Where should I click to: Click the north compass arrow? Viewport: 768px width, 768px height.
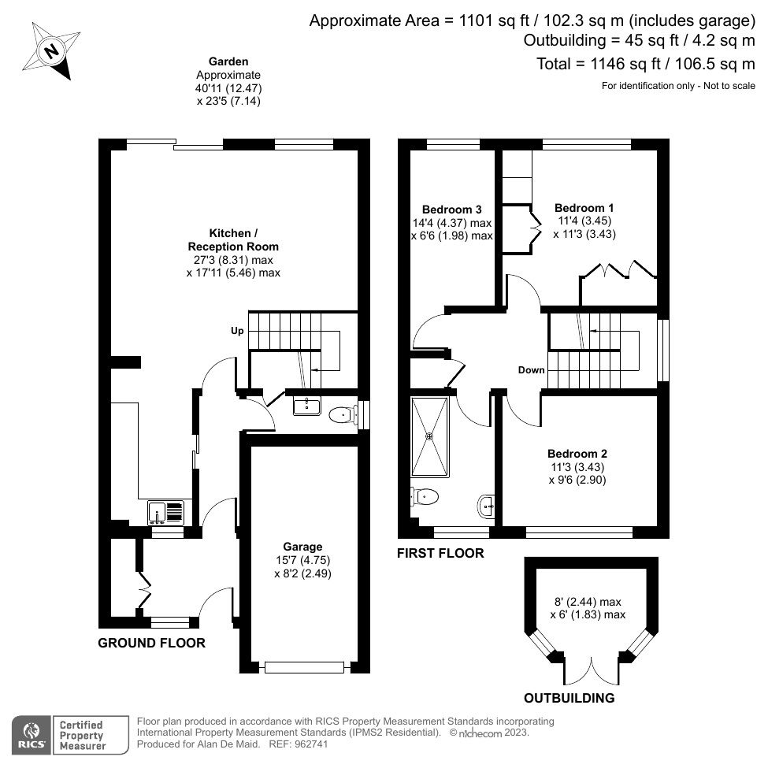point(52,53)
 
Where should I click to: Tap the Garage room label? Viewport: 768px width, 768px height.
point(302,547)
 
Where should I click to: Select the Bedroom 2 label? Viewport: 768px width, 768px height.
point(577,454)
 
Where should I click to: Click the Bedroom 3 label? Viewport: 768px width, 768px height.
point(451,209)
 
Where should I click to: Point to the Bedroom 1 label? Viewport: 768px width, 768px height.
point(583,208)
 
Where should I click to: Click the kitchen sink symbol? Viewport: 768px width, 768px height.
point(165,513)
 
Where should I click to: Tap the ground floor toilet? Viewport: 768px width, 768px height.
point(339,414)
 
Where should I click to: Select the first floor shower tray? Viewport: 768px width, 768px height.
point(430,436)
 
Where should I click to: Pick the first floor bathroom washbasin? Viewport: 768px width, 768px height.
point(485,505)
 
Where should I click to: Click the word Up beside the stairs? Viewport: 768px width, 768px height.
point(236,331)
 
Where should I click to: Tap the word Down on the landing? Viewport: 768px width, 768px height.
point(531,369)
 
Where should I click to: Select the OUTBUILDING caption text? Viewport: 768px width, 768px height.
point(569,698)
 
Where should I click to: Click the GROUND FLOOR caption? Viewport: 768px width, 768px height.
point(151,643)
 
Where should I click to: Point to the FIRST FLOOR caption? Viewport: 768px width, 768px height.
point(440,554)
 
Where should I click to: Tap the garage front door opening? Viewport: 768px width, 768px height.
point(304,667)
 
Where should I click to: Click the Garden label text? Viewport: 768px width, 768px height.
point(228,61)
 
